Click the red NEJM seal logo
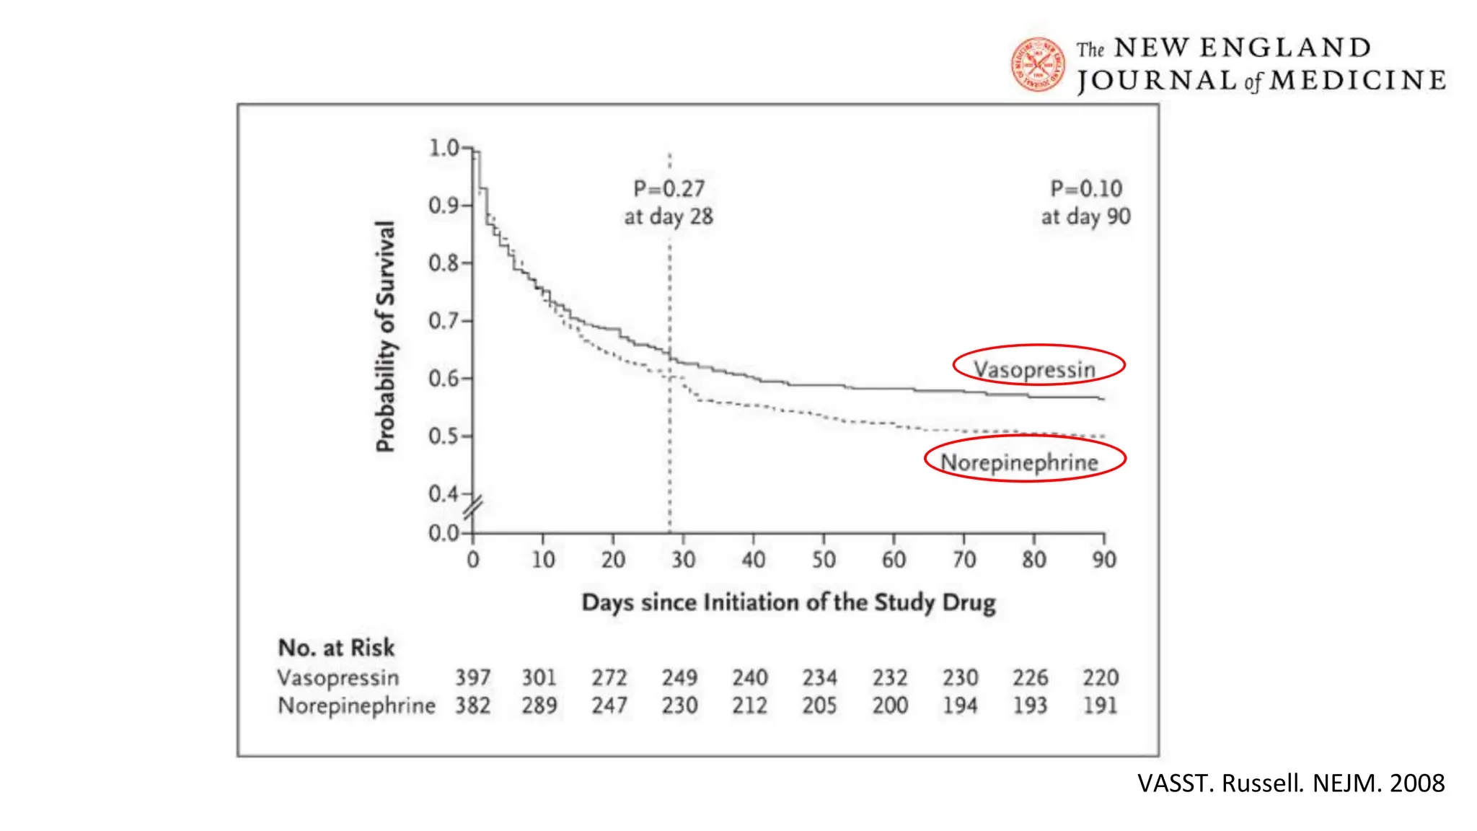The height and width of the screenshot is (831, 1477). click(1038, 65)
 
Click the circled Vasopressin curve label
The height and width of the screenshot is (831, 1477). click(1035, 369)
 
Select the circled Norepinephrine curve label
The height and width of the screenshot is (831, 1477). click(1019, 462)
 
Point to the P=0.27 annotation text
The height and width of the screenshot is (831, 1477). click(669, 189)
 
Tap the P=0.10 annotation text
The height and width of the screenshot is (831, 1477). click(1086, 189)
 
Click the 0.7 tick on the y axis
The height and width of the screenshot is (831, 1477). click(444, 320)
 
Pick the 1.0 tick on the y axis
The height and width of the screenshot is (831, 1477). click(444, 148)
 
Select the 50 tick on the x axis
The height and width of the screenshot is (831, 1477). click(824, 559)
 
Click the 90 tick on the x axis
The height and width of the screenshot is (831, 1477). click(1103, 559)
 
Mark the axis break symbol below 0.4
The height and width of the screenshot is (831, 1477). click(473, 509)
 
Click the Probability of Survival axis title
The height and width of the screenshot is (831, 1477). click(386, 336)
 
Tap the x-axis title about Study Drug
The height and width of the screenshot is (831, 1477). click(788, 602)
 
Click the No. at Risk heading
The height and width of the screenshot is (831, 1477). click(336, 648)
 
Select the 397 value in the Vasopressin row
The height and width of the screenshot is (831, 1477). click(472, 677)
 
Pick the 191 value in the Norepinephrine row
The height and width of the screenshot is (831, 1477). click(1100, 705)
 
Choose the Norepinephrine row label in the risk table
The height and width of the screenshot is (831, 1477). click(356, 705)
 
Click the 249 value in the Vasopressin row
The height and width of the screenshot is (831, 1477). click(679, 677)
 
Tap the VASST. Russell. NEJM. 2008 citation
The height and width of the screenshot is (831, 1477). click(1291, 783)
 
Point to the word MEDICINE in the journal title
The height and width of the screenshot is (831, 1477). click(1357, 80)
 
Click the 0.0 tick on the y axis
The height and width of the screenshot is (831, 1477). click(444, 533)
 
